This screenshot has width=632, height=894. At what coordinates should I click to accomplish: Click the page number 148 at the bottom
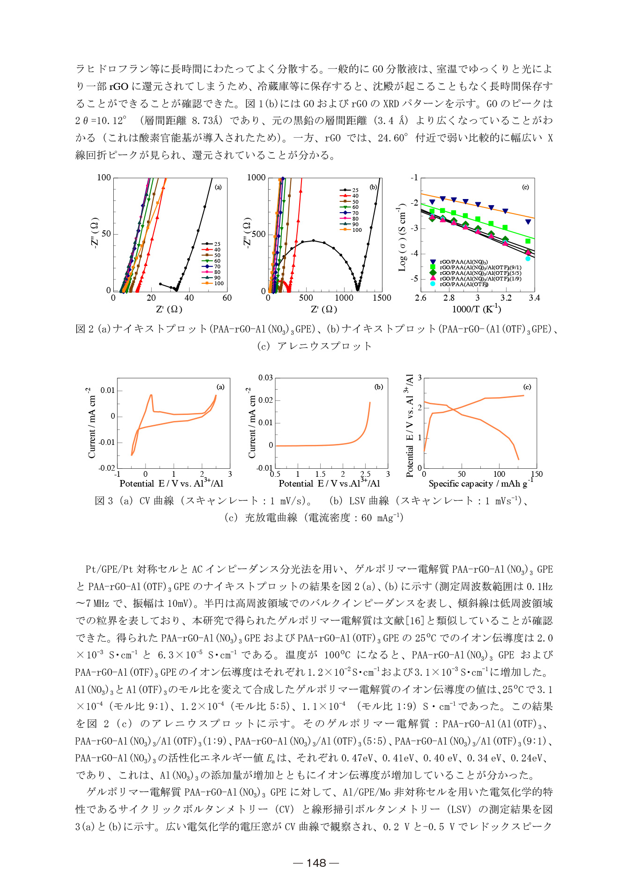[x=316, y=863]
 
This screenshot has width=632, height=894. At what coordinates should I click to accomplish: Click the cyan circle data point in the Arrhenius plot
[x=528, y=259]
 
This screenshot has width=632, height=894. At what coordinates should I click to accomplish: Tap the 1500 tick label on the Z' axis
[x=382, y=298]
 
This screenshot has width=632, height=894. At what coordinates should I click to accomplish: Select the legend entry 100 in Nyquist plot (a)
[x=219, y=283]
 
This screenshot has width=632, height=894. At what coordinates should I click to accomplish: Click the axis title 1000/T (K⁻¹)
[x=477, y=309]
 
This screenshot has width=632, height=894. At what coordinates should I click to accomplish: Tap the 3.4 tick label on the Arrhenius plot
[x=534, y=298]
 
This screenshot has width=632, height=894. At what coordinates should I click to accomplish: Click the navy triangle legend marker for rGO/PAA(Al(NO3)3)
[x=433, y=262]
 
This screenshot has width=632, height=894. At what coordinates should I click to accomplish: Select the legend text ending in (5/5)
[x=480, y=273]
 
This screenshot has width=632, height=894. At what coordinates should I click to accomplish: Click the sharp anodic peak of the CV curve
[x=151, y=395]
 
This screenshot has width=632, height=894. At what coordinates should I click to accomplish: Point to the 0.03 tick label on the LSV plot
[x=265, y=377]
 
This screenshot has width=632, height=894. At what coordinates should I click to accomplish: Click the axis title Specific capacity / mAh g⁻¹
[x=480, y=483]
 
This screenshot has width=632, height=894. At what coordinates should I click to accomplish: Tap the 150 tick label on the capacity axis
[x=536, y=474]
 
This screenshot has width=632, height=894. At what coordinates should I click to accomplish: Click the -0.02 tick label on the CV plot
[x=107, y=468]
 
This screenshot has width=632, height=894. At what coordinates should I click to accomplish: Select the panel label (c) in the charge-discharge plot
[x=527, y=387]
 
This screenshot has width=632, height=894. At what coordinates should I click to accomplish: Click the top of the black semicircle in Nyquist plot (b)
[x=313, y=241]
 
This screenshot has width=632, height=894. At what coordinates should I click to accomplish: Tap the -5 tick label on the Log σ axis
[x=414, y=279]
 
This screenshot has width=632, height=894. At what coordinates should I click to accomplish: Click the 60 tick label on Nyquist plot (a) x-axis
[x=227, y=298]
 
